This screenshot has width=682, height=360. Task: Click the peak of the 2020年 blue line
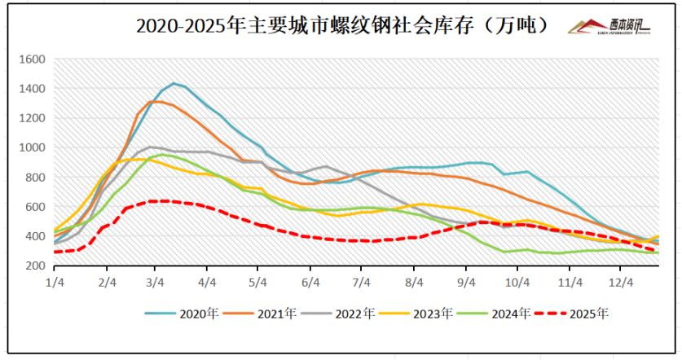click(174, 83)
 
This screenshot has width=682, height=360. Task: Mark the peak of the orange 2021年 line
click(157, 101)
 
